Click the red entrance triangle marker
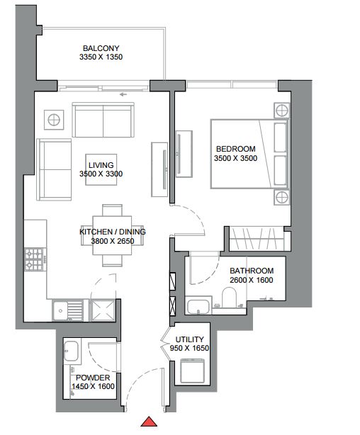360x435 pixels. pos(149,422)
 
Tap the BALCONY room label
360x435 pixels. pos(101,48)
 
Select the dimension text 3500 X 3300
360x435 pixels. pos(101,174)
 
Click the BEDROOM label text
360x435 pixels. pos(236,149)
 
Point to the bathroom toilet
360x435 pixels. pos(229,297)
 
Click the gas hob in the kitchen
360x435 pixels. pos(35,259)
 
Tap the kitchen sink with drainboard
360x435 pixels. pos(68,310)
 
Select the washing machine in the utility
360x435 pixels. pos(192,371)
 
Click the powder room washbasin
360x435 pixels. pos(71,351)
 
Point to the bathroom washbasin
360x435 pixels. pos(198,306)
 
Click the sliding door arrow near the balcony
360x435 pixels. pos(123,95)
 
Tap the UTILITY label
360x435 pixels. pos(190,339)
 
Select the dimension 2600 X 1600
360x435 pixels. pos(251,280)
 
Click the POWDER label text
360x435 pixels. pos(93,378)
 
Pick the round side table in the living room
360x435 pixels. pos(54,120)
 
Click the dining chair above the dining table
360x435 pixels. pos(112,210)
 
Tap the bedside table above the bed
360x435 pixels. pos(282,111)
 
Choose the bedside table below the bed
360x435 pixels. pos(282,198)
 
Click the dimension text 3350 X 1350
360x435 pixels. pos(101,57)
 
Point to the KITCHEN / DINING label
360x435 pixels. pos(113,232)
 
